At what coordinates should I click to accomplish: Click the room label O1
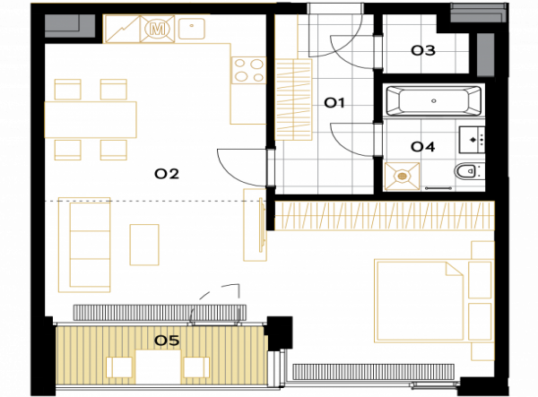(x=334, y=102)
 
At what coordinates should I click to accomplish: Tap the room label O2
(x=167, y=174)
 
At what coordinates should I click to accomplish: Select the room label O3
(x=423, y=51)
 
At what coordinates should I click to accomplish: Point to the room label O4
(x=422, y=147)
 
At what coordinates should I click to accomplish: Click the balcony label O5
(x=167, y=341)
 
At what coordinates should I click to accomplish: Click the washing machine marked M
(x=158, y=30)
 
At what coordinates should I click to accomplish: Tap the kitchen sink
(x=192, y=28)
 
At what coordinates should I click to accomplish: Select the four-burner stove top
(x=248, y=70)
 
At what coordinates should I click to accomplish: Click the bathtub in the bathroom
(x=434, y=100)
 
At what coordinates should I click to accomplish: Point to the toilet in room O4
(x=469, y=171)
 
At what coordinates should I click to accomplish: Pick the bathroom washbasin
(x=473, y=140)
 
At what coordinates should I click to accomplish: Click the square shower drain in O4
(x=402, y=177)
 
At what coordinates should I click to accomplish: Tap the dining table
(x=91, y=120)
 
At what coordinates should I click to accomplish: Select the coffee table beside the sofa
(x=144, y=245)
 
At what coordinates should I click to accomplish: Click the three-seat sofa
(x=84, y=245)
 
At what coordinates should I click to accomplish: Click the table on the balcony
(x=158, y=367)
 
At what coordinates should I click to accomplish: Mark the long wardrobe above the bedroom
(x=385, y=216)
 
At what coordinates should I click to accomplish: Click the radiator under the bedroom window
(x=374, y=372)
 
